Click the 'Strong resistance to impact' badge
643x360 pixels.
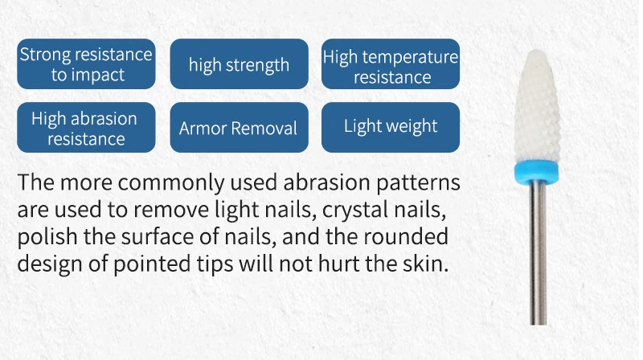[x=86, y=64]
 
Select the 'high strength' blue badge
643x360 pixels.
[x=239, y=64]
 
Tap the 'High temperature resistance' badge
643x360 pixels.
[x=391, y=64]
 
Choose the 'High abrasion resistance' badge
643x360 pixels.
[x=86, y=128]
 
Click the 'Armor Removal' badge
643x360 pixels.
[x=239, y=128]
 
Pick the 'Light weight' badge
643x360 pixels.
[x=391, y=128]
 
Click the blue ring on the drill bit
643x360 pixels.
[x=537, y=171]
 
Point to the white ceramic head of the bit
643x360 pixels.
[x=537, y=107]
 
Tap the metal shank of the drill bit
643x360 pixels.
[x=538, y=253]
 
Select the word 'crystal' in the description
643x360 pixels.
[x=354, y=210]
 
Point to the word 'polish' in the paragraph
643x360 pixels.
[x=47, y=237]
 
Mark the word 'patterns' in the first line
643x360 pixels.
[x=418, y=183]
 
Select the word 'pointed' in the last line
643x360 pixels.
[x=152, y=264]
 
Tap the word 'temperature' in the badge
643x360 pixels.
[x=410, y=57]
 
